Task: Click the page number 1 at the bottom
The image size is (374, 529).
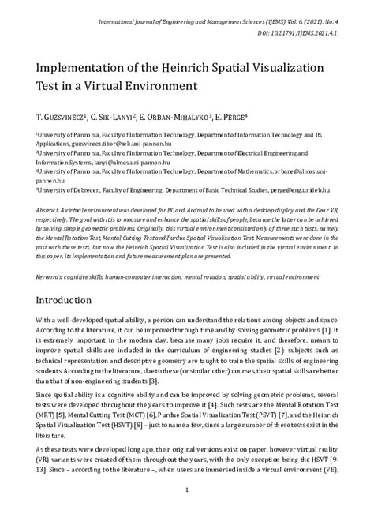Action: (x=187, y=512)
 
